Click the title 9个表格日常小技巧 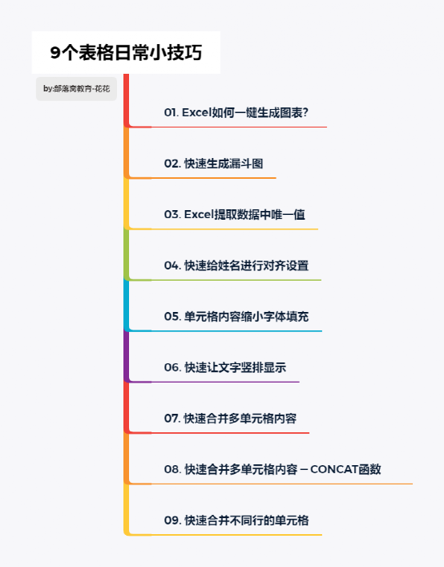tap(126, 53)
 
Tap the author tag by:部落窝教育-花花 tap(76, 88)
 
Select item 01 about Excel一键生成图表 tap(236, 112)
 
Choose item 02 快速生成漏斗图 tap(213, 164)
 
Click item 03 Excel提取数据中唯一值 tap(235, 214)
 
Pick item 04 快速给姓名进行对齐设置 tap(236, 265)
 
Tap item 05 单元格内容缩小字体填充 tap(236, 317)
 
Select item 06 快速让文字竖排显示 tap(225, 367)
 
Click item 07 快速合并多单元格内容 tap(231, 419)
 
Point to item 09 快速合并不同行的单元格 tap(236, 520)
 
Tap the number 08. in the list tap(172, 469)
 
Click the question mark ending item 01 tap(305, 112)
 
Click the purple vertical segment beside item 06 tap(127, 356)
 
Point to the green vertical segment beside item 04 tap(127, 254)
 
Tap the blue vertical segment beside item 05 tap(127, 306)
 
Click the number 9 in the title tap(54, 53)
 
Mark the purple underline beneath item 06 tap(214, 382)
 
